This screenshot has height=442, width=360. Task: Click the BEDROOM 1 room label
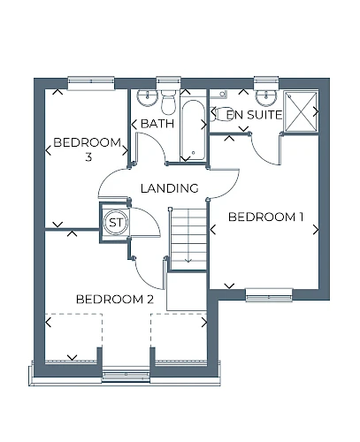point(265,217)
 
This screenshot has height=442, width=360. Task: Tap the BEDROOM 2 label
point(115,300)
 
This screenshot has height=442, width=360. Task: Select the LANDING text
point(170,188)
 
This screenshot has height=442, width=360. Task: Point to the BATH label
point(157,124)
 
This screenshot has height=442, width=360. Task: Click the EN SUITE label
point(254,115)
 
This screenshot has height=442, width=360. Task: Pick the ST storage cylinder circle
point(116,222)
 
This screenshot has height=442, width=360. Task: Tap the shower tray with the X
point(301,111)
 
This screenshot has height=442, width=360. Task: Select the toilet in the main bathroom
point(168,103)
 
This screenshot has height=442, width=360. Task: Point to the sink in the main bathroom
point(148,97)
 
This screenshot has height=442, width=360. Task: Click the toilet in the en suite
point(221,114)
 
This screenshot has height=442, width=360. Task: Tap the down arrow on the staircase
point(188,258)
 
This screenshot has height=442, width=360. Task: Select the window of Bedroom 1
point(269,294)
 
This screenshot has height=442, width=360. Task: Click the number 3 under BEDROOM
point(88,157)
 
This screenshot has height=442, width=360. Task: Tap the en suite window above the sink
point(266,82)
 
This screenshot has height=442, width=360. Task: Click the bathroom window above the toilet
point(168,82)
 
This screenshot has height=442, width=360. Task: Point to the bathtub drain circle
point(193,152)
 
